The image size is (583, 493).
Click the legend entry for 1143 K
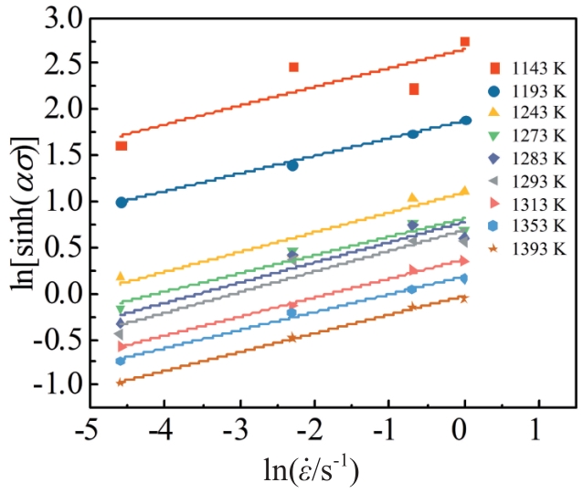(x=525, y=68)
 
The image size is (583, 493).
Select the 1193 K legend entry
(x=525, y=91)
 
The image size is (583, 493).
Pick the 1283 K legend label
(x=525, y=158)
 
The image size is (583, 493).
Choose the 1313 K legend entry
(x=525, y=203)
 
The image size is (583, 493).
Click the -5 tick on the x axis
(x=88, y=429)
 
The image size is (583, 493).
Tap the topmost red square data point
(x=464, y=42)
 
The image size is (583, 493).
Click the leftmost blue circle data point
(x=122, y=202)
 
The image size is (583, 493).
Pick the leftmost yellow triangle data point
(x=121, y=277)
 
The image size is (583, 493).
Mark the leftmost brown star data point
(x=121, y=383)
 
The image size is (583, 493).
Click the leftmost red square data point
(x=122, y=146)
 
